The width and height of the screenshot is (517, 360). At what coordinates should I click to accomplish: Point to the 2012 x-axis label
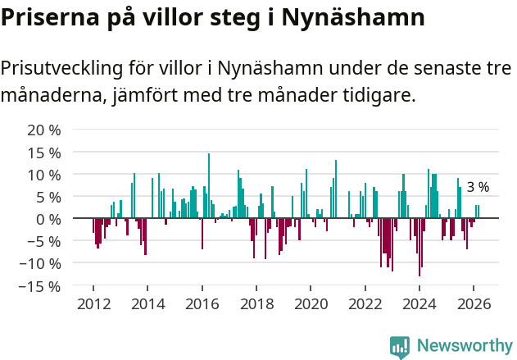click(93, 304)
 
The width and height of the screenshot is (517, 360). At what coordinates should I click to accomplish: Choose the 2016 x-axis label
click(202, 304)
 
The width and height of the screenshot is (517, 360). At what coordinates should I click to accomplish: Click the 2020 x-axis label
click(311, 304)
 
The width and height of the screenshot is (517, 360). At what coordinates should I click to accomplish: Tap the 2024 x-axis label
click(419, 304)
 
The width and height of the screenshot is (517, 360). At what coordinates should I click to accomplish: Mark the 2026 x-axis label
click(474, 304)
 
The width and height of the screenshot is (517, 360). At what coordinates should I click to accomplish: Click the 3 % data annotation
click(478, 187)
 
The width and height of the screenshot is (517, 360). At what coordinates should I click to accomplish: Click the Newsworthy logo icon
click(400, 346)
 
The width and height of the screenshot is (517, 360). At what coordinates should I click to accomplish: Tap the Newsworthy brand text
click(464, 346)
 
